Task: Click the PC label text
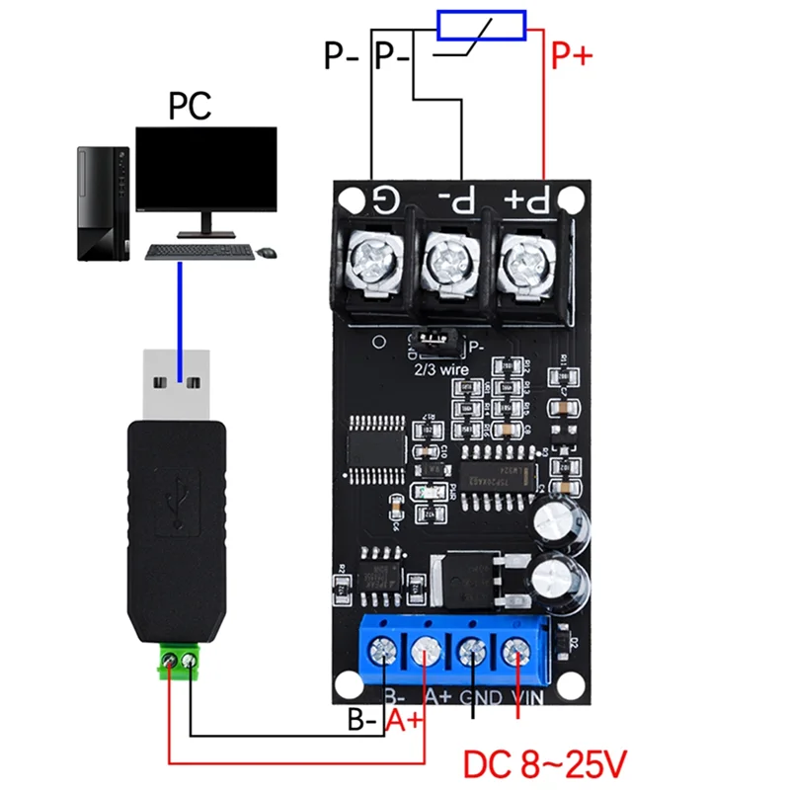(x=190, y=105)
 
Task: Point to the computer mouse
(x=266, y=253)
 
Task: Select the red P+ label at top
(x=571, y=56)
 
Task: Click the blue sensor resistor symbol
(x=481, y=26)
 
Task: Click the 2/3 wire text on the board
(x=441, y=369)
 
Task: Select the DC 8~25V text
(x=544, y=762)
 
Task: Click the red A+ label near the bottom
(x=406, y=721)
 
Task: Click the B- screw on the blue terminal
(x=384, y=653)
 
